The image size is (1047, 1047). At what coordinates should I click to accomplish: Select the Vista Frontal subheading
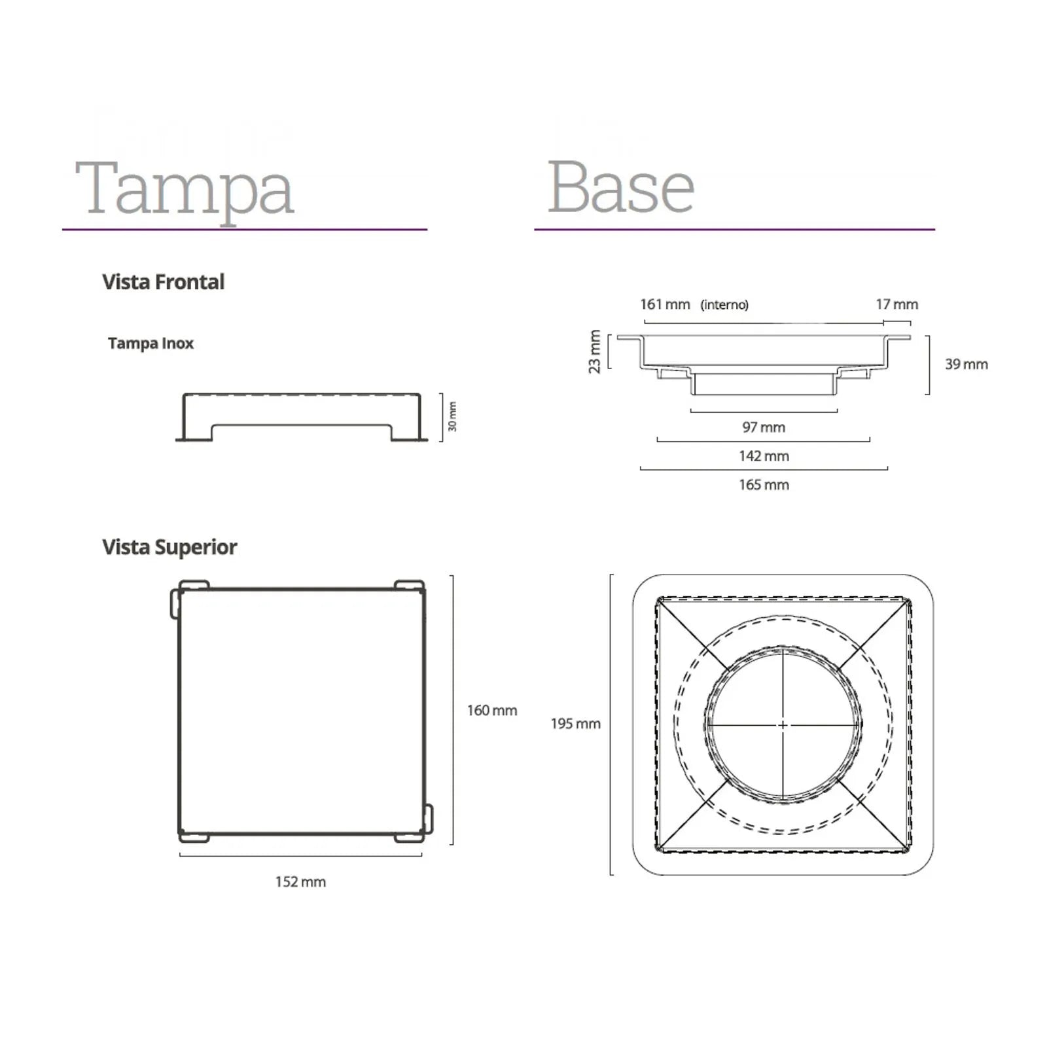[163, 282]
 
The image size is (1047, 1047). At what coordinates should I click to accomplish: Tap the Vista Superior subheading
[169, 547]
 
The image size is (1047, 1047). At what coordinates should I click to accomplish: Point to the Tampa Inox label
[151, 344]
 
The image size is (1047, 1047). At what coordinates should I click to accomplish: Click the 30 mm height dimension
[452, 417]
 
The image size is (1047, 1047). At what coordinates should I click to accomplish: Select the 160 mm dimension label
[492, 711]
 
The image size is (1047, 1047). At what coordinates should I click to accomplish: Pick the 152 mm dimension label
[300, 882]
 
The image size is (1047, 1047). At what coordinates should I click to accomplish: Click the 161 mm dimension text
[665, 304]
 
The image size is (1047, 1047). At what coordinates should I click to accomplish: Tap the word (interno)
[724, 305]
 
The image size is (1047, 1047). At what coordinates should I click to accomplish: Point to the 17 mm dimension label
[896, 304]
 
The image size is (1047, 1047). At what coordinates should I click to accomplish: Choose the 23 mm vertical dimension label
[594, 352]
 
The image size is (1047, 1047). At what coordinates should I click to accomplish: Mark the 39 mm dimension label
[966, 364]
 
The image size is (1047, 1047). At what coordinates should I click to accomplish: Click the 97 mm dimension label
[764, 427]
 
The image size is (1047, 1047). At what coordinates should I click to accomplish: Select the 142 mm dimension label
[764, 456]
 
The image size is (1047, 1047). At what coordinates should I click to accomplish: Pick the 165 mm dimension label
[764, 485]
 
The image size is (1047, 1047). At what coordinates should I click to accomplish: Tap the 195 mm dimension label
[575, 724]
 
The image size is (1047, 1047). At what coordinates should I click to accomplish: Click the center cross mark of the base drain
[783, 725]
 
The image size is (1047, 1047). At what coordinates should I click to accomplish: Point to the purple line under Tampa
[245, 230]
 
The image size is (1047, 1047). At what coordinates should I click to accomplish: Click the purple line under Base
[734, 230]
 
